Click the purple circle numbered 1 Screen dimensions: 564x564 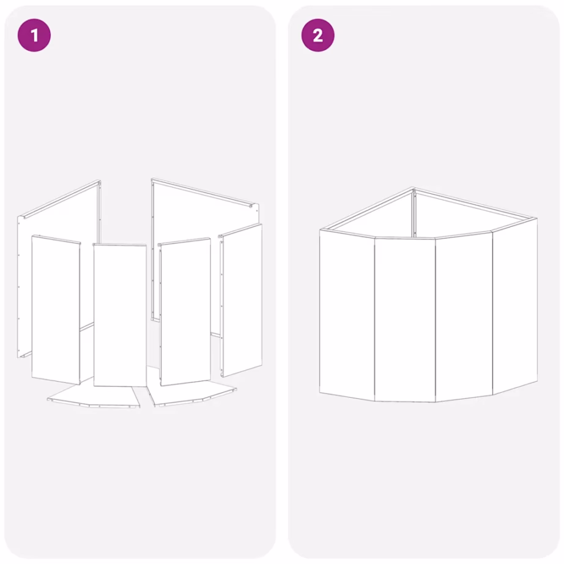coord(34,35)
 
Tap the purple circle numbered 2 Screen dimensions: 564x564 coord(317,35)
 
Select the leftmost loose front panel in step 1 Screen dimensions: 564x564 coord(56,310)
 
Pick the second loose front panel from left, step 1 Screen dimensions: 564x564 coord(120,315)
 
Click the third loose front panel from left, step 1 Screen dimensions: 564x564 coord(185,311)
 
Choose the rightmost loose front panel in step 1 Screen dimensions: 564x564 coord(241,300)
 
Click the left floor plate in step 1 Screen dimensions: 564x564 coord(94,395)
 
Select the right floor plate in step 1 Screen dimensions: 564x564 coord(191,394)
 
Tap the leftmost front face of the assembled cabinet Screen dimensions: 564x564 coord(347,315)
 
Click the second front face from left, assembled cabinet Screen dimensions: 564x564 coord(405,319)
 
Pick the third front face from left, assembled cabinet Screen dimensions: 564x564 coord(464,316)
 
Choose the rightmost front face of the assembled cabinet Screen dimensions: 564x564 coord(514,306)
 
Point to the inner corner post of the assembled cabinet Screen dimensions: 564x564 coord(414,214)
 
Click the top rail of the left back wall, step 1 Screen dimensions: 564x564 coord(59,199)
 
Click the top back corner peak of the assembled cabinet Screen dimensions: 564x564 coord(414,188)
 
